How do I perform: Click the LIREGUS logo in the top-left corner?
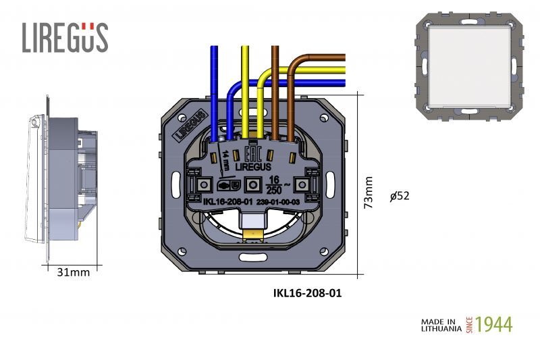pos(65,37)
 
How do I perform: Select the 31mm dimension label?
pos(74,272)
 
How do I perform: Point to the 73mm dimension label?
pos(369,193)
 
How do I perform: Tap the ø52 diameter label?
pos(400,196)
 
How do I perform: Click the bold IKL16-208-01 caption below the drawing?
pos(311,294)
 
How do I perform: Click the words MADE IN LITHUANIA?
pos(441,324)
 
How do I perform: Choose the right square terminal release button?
pos(304,184)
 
